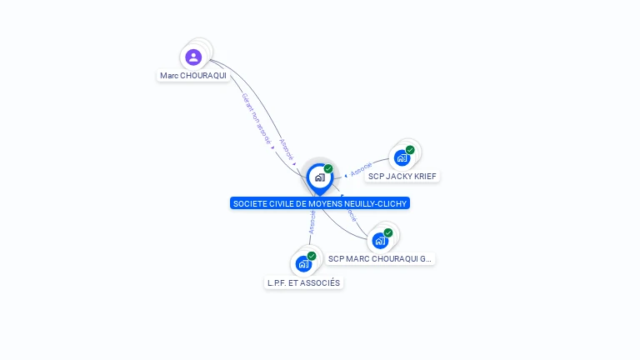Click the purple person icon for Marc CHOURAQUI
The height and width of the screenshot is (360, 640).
(x=193, y=57)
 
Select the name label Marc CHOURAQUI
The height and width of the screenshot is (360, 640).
(x=193, y=76)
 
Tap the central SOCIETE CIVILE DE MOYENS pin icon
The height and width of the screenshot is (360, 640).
(x=319, y=177)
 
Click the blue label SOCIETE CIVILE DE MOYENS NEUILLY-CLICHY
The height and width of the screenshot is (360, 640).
(x=320, y=203)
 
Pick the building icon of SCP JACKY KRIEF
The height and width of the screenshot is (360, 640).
(x=402, y=157)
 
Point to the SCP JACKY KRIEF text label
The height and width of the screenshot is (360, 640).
(x=402, y=176)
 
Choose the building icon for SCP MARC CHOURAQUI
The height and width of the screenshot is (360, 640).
(x=380, y=241)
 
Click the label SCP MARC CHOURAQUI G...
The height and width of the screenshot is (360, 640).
(x=380, y=259)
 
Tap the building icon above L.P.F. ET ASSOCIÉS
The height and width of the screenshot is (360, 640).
(x=303, y=264)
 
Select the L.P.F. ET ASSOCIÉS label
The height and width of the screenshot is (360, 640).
(x=303, y=282)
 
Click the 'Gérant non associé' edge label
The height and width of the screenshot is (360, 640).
(x=257, y=120)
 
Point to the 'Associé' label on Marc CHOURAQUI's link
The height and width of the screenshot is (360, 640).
(x=287, y=149)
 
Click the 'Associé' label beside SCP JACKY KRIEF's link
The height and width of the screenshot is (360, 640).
(x=362, y=168)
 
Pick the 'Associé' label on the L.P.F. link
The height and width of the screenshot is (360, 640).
(x=312, y=222)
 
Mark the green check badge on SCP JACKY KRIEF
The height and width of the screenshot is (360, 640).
(x=410, y=150)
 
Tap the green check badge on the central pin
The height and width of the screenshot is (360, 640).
(x=328, y=169)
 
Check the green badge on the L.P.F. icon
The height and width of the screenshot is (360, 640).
(x=312, y=256)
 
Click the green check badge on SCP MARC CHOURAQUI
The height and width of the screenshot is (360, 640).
(x=388, y=233)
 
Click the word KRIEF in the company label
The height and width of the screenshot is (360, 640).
(x=423, y=176)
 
